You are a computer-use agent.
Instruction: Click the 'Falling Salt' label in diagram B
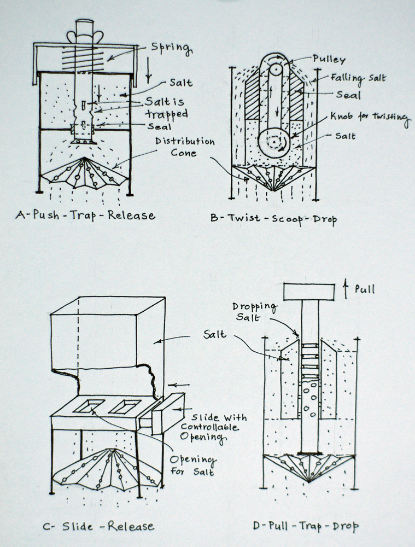pyautogui.click(x=358, y=78)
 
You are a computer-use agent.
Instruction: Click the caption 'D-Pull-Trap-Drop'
pyautogui.click(x=306, y=526)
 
